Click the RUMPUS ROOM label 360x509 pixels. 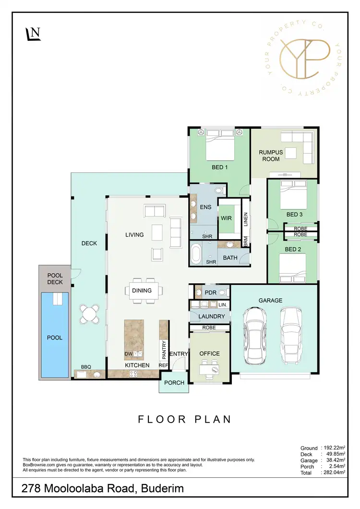click(x=271, y=156)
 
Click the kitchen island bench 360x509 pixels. click(x=134, y=340)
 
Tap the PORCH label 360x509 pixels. click(x=174, y=383)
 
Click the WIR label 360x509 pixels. click(x=227, y=218)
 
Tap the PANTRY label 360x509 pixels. click(x=164, y=350)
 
